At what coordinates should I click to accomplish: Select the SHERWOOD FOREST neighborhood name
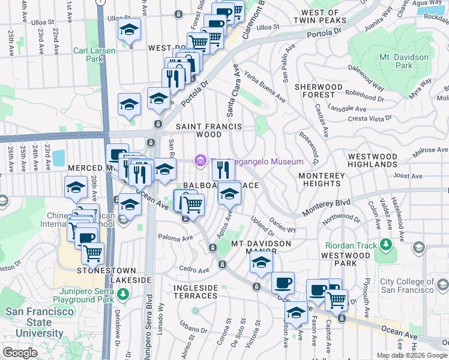(x=323, y=91)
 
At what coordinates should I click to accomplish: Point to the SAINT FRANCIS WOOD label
(x=208, y=131)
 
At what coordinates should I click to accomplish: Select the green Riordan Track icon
(x=385, y=245)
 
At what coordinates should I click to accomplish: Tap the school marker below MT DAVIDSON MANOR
(x=261, y=262)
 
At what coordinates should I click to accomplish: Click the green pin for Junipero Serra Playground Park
(x=124, y=294)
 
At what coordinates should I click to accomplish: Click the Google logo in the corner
(x=20, y=353)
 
